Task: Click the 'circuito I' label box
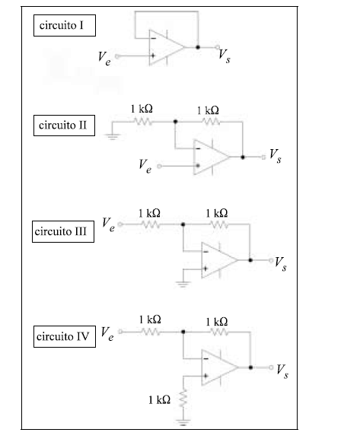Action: tap(65, 26)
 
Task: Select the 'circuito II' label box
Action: tap(64, 126)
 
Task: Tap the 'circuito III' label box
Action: tap(63, 232)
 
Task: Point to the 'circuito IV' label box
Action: tap(65, 336)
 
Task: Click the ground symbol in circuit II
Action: tap(113, 137)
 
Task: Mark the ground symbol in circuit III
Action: tap(183, 285)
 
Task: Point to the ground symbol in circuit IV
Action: tap(183, 422)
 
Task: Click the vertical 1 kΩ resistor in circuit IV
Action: tap(183, 399)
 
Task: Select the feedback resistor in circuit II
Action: tap(211, 122)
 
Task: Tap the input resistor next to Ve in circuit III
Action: tap(151, 224)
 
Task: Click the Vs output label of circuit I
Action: tap(225, 56)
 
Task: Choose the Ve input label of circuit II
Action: tap(145, 166)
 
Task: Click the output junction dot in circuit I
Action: tap(198, 47)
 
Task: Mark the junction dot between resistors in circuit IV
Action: tap(183, 332)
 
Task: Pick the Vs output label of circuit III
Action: tap(281, 264)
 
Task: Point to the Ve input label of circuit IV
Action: tap(107, 334)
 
